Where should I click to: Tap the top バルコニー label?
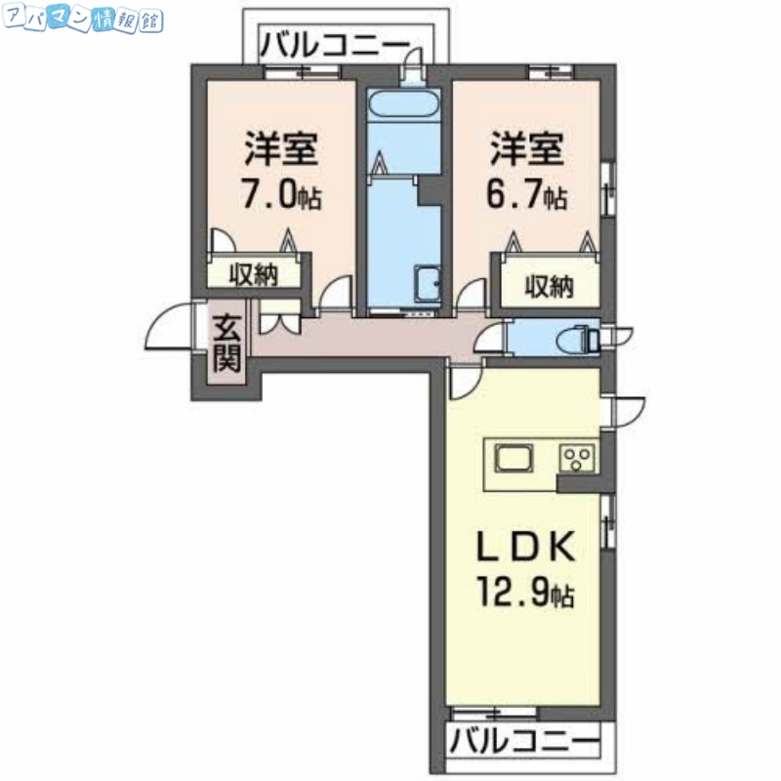click(x=334, y=44)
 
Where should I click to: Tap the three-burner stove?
click(x=576, y=457)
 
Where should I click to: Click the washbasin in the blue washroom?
click(x=427, y=282)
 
